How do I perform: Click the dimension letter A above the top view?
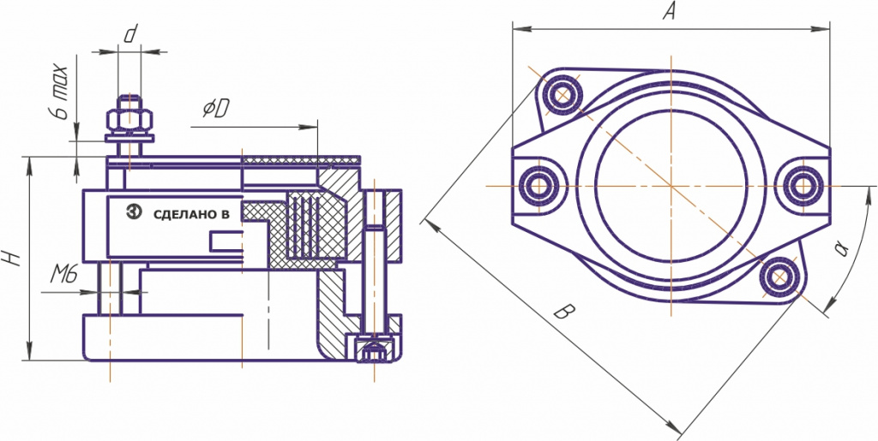669,11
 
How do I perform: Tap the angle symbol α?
841,248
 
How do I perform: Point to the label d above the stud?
130,34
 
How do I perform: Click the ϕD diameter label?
215,110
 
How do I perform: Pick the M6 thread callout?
63,274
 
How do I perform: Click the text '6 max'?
61,92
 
